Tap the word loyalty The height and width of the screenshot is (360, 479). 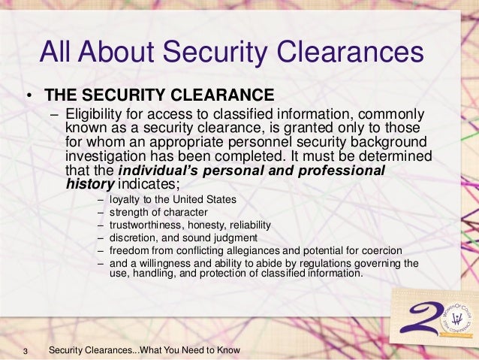coord(125,200)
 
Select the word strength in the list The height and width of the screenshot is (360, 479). coord(128,213)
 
